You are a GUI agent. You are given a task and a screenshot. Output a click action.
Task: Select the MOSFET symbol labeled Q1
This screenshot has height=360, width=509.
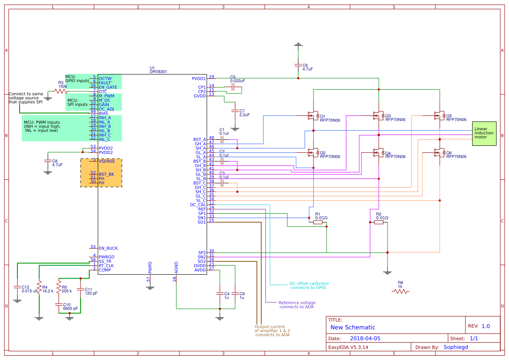coord(313,116)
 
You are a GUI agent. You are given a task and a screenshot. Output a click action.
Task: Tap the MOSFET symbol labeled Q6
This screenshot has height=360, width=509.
coord(439,153)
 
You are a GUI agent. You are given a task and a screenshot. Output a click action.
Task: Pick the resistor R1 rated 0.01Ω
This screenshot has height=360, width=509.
coord(318,222)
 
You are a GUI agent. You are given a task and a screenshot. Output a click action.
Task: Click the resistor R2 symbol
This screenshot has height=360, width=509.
coord(379,222)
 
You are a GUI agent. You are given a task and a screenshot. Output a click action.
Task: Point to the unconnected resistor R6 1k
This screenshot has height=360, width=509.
coord(401,292)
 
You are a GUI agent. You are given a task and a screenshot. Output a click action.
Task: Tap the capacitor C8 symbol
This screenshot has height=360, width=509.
coord(47,161)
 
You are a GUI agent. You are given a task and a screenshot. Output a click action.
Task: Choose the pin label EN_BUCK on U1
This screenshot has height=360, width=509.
coord(108,249)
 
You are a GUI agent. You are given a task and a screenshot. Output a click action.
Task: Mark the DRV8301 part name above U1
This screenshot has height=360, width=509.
coord(158,72)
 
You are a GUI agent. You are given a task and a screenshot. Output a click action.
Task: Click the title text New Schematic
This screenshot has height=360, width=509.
coord(353,327)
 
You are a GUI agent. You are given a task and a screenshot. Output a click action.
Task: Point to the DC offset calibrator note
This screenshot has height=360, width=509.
coord(309,286)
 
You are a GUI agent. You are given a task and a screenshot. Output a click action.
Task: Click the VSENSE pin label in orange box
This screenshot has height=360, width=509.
coord(107,161)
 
